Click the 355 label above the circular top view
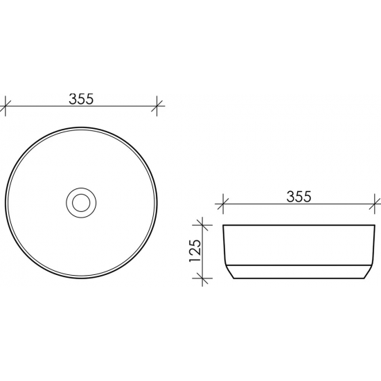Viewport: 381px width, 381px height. (x=82, y=98)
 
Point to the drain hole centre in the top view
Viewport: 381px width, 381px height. (x=82, y=202)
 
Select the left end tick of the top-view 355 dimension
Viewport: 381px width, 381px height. (x=6, y=106)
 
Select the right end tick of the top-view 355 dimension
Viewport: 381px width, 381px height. (x=159, y=106)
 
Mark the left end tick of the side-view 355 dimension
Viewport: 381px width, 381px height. (x=222, y=204)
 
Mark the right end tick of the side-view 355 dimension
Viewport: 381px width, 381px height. (x=375, y=204)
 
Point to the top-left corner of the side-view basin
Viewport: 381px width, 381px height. (x=223, y=226)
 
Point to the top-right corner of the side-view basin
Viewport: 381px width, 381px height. (x=374, y=226)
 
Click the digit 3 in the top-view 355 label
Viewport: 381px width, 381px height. (x=73, y=98)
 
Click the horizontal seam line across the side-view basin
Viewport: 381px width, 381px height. (x=298, y=264)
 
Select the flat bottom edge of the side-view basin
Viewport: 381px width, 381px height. (x=298, y=278)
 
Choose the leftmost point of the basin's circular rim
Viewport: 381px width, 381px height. (x=6, y=202)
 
